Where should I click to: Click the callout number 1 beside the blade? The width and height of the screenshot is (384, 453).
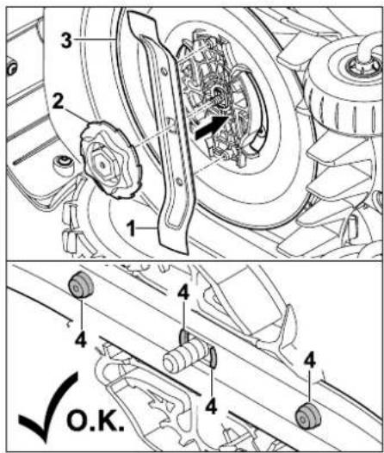click(132, 228)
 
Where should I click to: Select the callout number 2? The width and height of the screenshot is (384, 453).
click(58, 102)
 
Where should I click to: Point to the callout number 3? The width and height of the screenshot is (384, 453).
click(66, 40)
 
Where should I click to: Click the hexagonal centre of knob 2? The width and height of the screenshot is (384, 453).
click(102, 164)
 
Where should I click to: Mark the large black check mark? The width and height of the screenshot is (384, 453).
click(47, 406)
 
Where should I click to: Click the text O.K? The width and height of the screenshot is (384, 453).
click(96, 422)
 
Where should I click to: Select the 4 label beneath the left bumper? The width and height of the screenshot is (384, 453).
click(81, 340)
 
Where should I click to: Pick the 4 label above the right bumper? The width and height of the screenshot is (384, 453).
click(309, 361)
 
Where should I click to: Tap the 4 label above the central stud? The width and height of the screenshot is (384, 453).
click(183, 293)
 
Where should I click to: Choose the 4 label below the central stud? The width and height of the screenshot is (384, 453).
click(211, 406)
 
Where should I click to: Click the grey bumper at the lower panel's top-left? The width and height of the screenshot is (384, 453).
click(81, 285)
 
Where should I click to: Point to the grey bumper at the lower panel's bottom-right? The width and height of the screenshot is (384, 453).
click(307, 415)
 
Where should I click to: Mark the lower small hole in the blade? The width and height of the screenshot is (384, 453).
click(179, 182)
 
